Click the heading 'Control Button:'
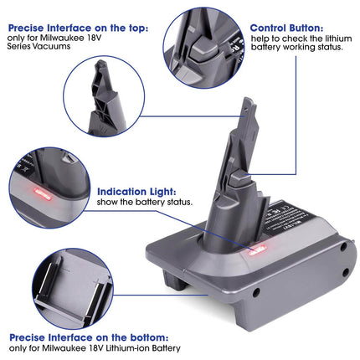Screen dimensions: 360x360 pyautogui.click(x=286, y=28)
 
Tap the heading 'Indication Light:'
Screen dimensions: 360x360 pyautogui.click(x=136, y=192)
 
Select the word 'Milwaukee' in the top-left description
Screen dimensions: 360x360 pyautogui.click(x=62, y=38)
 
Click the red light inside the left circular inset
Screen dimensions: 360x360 pyautogui.click(x=43, y=194)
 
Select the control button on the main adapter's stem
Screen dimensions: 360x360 pyautogui.click(x=239, y=179)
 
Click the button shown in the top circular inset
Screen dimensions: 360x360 pyautogui.click(x=208, y=49)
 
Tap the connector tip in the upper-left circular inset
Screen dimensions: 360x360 pyautogui.click(x=101, y=65)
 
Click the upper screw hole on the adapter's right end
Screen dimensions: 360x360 pyautogui.click(x=344, y=246)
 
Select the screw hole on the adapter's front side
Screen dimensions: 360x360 pyautogui.click(x=255, y=292)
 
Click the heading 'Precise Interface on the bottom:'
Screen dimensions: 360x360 pyautogui.click(x=89, y=337)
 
